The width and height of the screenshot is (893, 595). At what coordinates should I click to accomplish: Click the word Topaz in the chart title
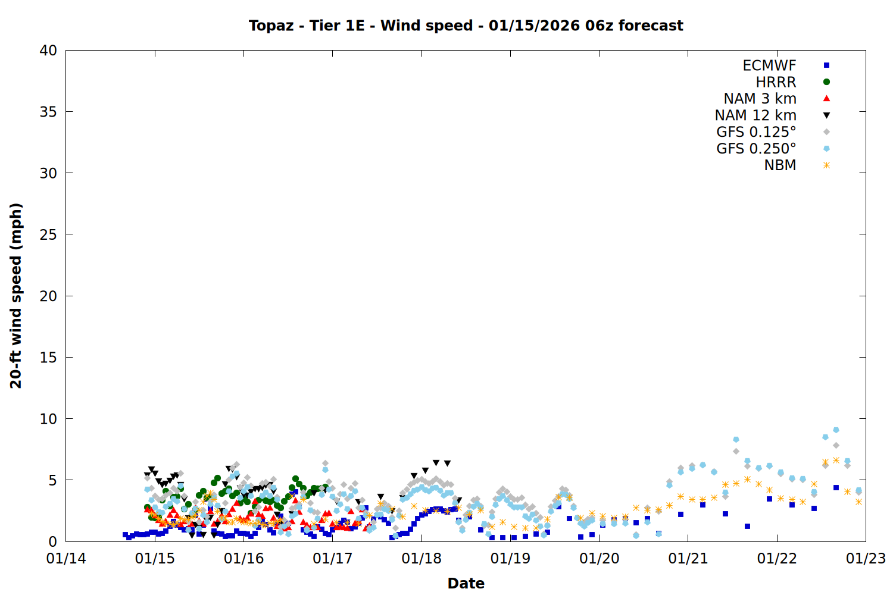point(271,26)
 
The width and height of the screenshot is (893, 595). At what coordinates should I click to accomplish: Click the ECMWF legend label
point(769,65)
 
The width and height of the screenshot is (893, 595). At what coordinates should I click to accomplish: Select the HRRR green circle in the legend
point(826,82)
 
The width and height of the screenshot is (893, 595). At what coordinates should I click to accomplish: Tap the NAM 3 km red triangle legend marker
point(826,99)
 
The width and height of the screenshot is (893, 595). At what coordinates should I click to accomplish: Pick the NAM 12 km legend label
point(755,115)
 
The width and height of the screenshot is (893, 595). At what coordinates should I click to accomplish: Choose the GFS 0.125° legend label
point(756,132)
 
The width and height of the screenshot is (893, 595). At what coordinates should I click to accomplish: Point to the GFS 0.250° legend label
point(756,149)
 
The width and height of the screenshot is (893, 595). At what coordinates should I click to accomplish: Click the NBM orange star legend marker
point(826,165)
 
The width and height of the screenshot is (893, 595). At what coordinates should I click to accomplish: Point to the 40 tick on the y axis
point(48,51)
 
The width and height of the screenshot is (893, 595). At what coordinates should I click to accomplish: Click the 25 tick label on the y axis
point(48,234)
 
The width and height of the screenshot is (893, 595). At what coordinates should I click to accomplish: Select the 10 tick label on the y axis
point(48,419)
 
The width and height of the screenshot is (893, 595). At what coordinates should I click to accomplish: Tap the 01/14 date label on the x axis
point(66,559)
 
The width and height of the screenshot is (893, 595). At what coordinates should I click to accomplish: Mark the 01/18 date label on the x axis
point(421,559)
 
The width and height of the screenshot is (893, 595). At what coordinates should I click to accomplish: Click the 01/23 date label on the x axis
point(866,559)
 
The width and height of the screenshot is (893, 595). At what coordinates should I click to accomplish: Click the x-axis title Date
point(466,583)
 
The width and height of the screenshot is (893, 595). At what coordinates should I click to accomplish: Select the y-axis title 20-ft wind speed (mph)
point(16,296)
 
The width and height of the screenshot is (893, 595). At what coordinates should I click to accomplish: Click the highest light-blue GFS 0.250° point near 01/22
point(836,430)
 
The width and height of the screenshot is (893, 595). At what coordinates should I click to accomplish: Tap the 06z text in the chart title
point(600,26)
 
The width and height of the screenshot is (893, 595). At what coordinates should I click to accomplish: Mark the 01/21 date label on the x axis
point(688,559)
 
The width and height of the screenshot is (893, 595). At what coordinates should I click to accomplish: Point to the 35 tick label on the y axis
point(48,112)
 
